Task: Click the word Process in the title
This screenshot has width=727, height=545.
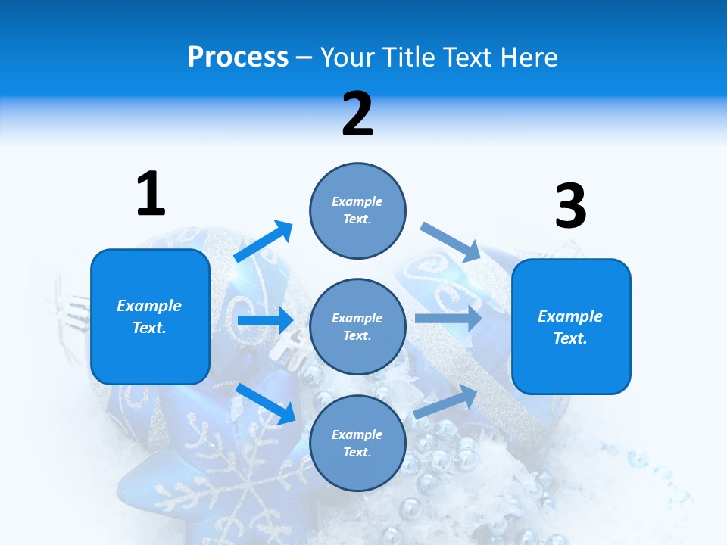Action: [238, 58]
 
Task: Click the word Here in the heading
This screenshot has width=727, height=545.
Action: [524, 58]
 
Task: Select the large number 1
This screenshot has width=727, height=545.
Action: [151, 194]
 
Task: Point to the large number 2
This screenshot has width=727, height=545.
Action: [357, 114]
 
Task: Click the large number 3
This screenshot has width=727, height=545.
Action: [570, 207]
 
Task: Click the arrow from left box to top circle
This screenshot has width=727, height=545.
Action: [262, 241]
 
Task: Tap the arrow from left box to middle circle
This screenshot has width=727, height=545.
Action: [265, 320]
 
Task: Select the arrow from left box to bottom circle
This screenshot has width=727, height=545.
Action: [265, 403]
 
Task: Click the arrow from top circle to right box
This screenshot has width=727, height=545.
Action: [451, 241]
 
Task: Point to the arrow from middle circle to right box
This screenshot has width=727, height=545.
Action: [448, 319]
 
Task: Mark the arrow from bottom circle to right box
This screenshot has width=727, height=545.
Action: [445, 401]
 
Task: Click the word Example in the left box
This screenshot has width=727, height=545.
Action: [149, 306]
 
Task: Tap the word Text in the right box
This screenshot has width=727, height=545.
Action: [569, 338]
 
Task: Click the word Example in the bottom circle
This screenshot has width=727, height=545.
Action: [357, 434]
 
